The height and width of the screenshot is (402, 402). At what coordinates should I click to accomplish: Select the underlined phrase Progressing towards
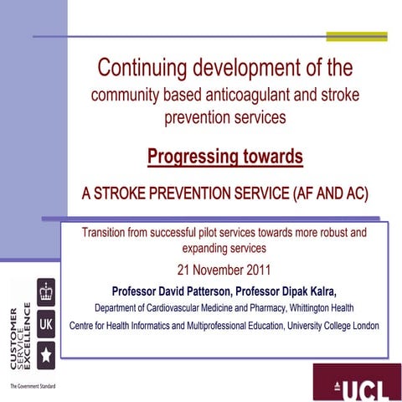click(224, 156)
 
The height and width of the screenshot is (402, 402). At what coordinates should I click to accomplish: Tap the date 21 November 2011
click(224, 271)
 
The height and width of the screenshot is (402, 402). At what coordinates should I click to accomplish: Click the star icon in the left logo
click(47, 354)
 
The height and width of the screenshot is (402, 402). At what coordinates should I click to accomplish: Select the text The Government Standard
click(33, 386)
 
